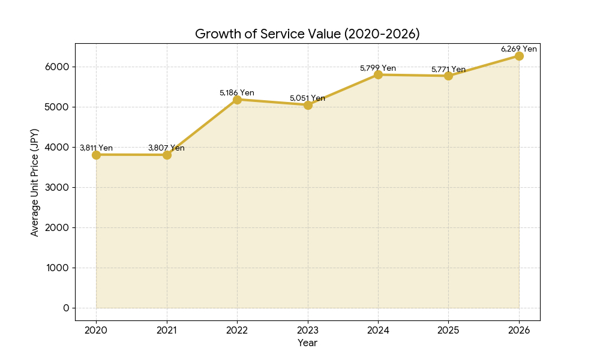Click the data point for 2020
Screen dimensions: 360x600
click(96, 155)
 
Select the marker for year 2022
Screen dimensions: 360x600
click(237, 100)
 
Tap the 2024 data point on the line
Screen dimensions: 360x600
click(378, 74)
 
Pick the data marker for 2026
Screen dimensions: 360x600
click(519, 56)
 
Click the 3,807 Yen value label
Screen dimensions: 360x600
click(166, 148)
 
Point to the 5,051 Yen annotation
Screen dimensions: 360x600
click(307, 98)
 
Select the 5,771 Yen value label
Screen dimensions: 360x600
click(448, 69)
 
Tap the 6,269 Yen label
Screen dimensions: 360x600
click(519, 49)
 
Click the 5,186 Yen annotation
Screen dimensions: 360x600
click(236, 92)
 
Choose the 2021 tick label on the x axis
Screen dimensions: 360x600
click(166, 329)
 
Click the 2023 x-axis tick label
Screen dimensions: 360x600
click(307, 329)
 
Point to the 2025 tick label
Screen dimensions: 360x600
click(448, 329)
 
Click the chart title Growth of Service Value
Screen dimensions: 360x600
click(307, 34)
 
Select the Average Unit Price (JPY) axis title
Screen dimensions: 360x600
click(35, 182)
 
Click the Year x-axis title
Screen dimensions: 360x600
click(307, 343)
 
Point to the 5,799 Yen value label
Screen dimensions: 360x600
click(378, 68)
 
